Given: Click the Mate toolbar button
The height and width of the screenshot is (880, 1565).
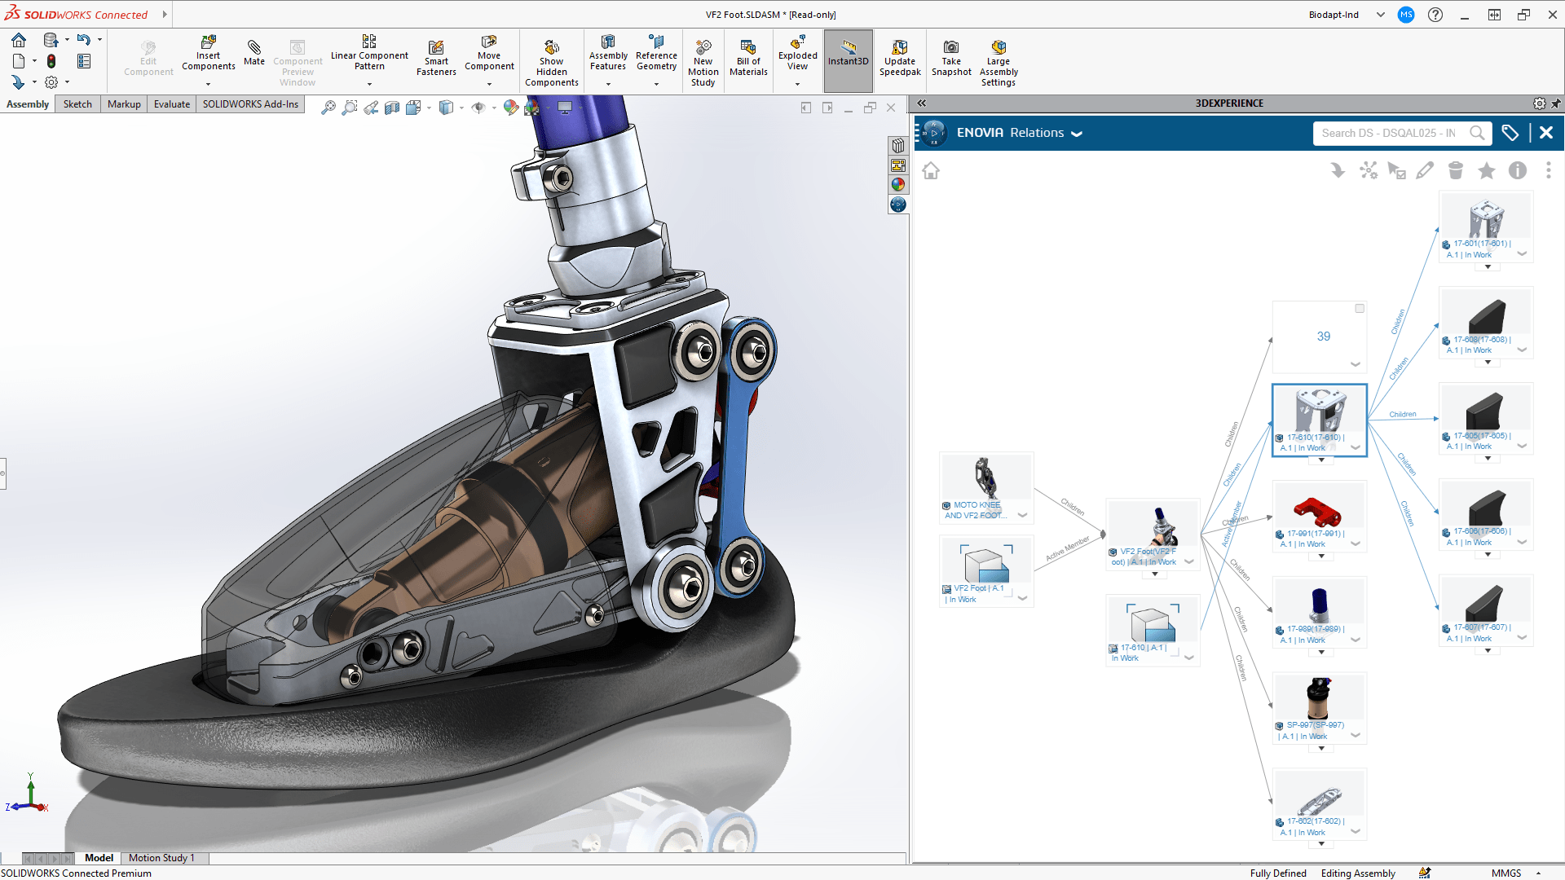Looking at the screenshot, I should coord(253,52).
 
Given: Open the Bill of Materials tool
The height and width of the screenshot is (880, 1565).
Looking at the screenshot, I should coord(747,58).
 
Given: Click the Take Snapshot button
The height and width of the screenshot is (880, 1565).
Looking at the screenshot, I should coord(951,58).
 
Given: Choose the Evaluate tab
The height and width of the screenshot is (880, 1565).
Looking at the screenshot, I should coord(171,104).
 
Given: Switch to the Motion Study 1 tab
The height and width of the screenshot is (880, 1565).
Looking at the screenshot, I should coord(161,858).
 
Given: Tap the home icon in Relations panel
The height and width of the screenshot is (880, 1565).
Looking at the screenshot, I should coord(931,171).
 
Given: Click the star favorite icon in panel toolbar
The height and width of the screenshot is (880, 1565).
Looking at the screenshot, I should coord(1486,170).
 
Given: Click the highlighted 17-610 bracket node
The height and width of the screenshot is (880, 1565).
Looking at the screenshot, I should coord(1319,411).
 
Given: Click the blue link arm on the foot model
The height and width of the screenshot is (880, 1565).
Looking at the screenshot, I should coord(739,456).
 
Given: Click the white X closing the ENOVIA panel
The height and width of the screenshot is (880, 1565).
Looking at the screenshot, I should coord(1545,133).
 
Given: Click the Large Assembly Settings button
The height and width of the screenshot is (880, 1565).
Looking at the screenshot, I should coord(998,61).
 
